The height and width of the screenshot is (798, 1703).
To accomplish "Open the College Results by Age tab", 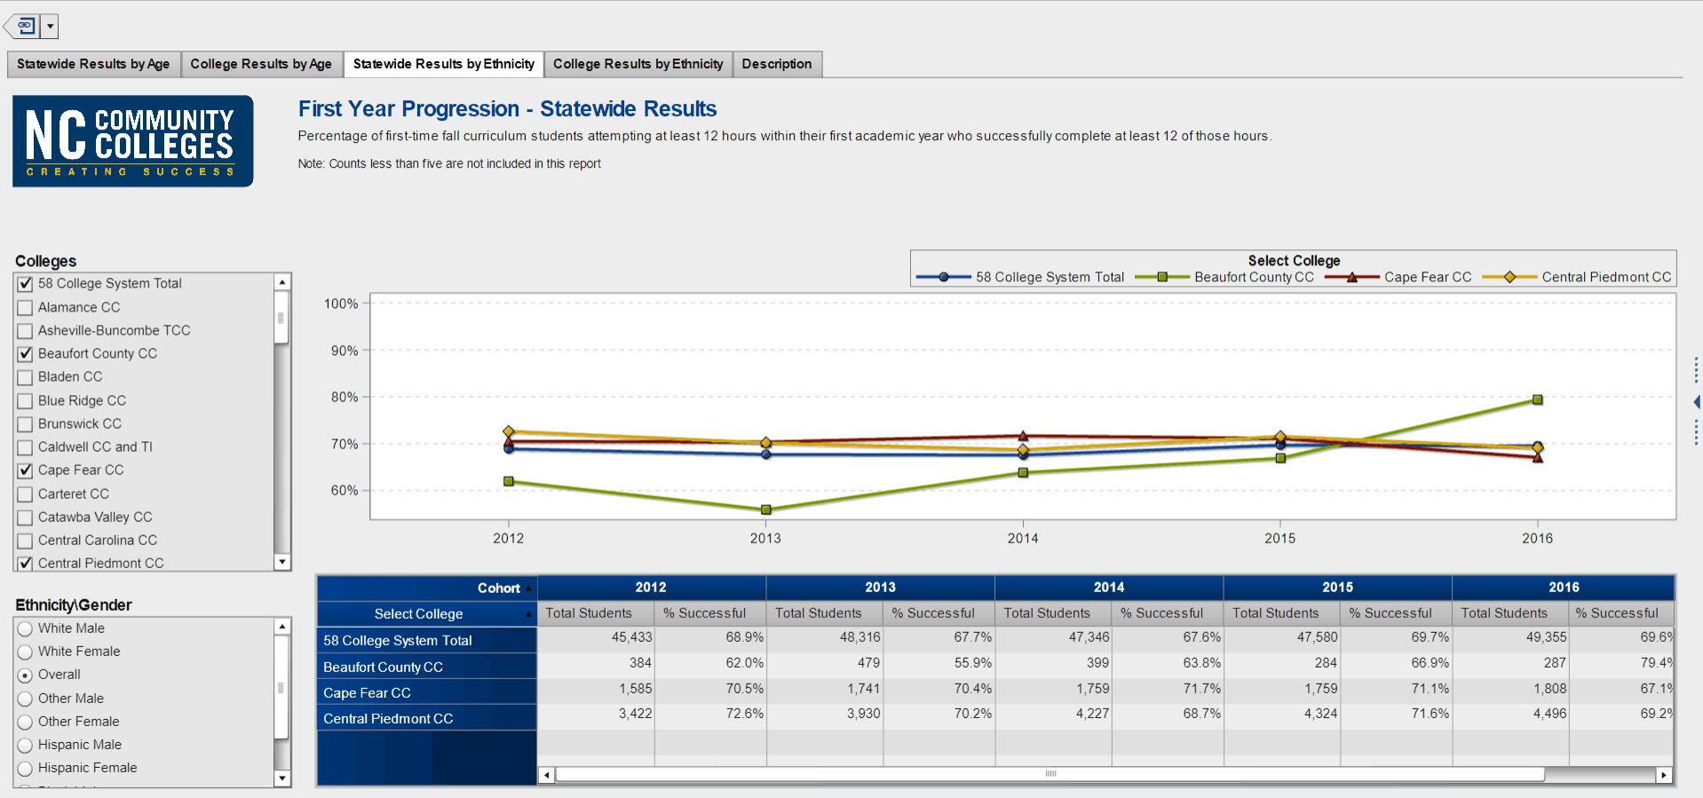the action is point(261,64).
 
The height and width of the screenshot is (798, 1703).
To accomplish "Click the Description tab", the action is point(777,64).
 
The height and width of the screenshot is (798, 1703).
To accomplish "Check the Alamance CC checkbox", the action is point(25,308).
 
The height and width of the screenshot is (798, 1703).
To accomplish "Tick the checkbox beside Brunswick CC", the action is point(25,424).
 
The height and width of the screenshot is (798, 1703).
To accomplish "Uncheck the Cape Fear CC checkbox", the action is point(25,470).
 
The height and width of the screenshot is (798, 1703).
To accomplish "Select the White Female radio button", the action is point(25,652).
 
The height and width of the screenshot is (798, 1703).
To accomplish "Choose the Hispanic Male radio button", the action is point(25,746).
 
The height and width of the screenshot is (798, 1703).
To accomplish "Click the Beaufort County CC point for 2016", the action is point(1538,399).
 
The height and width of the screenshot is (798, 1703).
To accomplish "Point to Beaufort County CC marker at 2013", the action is point(766,510).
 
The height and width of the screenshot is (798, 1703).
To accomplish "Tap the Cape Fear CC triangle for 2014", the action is point(1023,436).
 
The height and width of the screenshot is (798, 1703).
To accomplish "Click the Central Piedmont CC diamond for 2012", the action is point(509,431).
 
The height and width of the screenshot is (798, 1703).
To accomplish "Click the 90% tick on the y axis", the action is point(345,351).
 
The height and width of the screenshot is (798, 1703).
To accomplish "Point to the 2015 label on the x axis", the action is point(1280,538).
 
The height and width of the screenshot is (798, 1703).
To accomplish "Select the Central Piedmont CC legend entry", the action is point(1577,277).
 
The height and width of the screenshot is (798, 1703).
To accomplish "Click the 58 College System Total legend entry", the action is point(1020,277).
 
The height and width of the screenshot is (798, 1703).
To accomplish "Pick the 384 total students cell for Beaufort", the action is point(640,663).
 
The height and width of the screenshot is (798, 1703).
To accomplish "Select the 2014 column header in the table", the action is point(1109,588).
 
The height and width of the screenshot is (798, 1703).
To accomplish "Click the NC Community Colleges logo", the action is point(133,141).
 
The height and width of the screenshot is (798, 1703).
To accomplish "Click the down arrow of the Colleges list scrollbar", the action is point(282,562).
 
